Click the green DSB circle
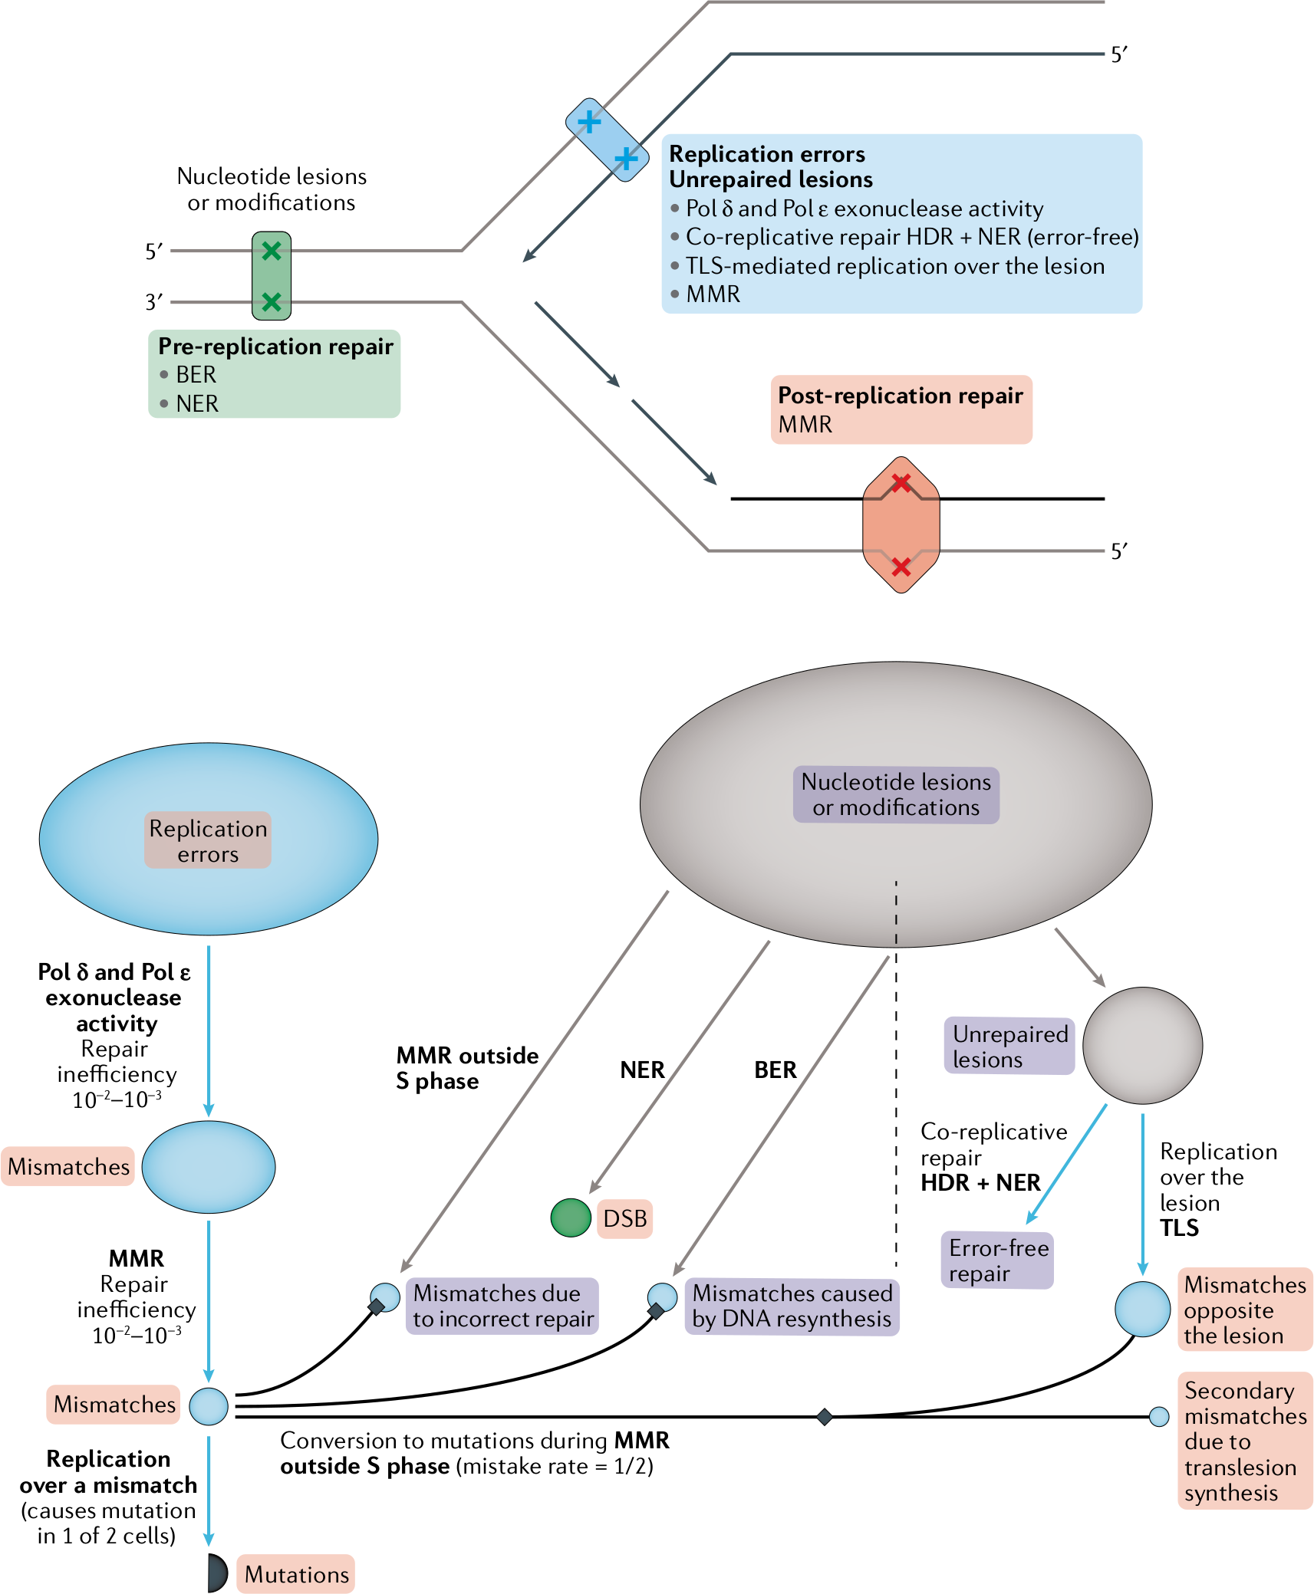[x=571, y=1218]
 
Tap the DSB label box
[x=624, y=1218]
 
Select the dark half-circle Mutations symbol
[x=217, y=1573]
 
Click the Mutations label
[x=296, y=1574]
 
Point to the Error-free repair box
[x=998, y=1260]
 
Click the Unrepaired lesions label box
[x=1009, y=1046]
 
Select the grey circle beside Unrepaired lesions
[x=1142, y=1045]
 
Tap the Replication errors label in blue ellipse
[x=208, y=840]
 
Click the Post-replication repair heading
[x=901, y=395]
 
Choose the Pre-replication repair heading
[x=275, y=346]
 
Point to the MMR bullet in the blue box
[x=706, y=294]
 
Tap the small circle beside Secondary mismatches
[x=1159, y=1416]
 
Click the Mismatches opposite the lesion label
[x=1245, y=1310]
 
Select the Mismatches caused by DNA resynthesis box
[x=792, y=1306]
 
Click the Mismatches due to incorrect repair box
[x=502, y=1306]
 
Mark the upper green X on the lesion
[x=272, y=250]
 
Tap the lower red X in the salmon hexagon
[x=901, y=567]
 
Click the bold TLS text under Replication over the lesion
[x=1179, y=1228]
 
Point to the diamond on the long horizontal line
[x=825, y=1416]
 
